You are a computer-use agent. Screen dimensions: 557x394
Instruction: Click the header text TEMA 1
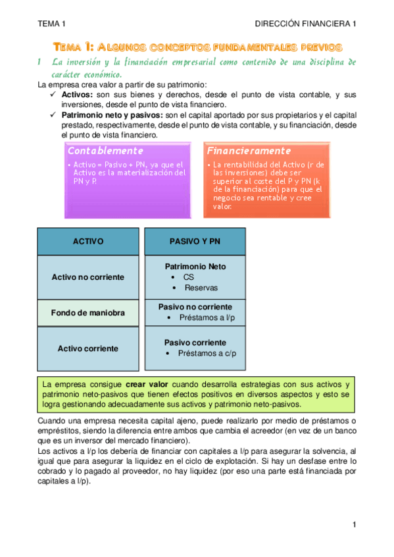[52, 24]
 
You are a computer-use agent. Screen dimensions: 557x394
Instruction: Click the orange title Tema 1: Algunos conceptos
[197, 47]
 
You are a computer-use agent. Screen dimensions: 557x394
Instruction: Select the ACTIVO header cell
[87, 242]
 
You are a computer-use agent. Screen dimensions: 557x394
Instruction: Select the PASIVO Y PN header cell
[195, 242]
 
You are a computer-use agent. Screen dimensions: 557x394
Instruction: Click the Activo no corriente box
[87, 277]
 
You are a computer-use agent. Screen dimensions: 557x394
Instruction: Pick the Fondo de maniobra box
[87, 313]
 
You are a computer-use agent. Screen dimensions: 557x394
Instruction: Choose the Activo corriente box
[87, 348]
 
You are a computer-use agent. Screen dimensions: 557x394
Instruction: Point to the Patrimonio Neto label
[195, 267]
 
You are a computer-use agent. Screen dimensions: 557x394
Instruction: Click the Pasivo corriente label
[195, 342]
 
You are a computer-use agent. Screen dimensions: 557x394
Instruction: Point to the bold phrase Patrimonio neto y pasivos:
[108, 115]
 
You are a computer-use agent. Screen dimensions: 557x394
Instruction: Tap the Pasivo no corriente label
[195, 307]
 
